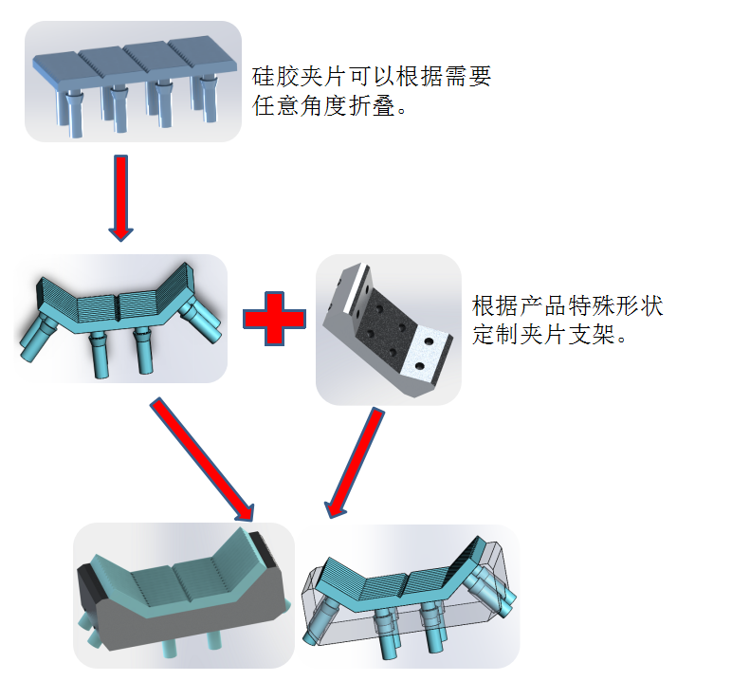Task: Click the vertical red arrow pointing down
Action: pyautogui.click(x=121, y=197)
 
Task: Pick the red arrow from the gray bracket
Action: pyautogui.click(x=356, y=463)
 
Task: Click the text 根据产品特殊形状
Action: pyautogui.click(x=567, y=306)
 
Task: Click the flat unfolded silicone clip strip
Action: pyautogui.click(x=133, y=81)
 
